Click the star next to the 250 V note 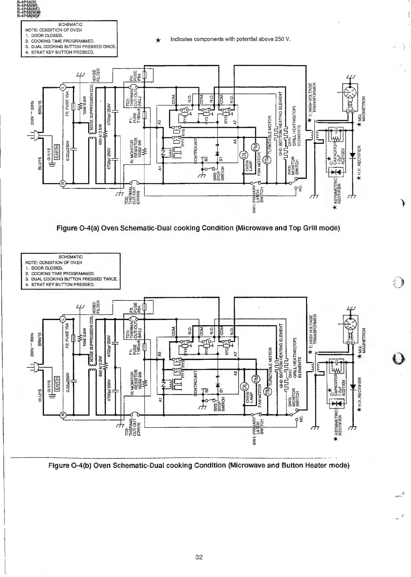tap(158, 40)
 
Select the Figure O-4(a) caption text tap(198, 228)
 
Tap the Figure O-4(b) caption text tap(199, 465)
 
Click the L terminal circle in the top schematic tap(63, 88)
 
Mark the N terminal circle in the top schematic tap(63, 183)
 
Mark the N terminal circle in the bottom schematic tap(63, 415)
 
